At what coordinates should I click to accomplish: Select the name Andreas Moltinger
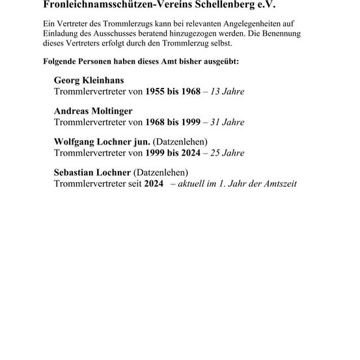[x=93, y=111]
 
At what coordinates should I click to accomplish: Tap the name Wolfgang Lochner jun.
[x=102, y=142]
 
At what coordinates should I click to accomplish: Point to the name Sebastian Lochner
[x=92, y=173]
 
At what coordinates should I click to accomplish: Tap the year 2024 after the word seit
[x=154, y=184]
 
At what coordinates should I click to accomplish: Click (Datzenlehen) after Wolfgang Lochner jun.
[x=180, y=142]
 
